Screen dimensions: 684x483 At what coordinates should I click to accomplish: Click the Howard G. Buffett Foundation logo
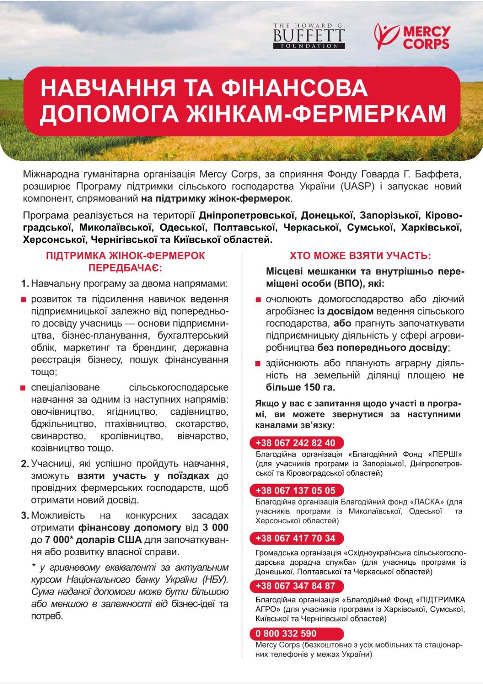click(309, 36)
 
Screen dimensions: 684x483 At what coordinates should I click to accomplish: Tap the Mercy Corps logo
click(412, 37)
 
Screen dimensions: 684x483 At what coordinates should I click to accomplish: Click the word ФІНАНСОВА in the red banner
click(294, 88)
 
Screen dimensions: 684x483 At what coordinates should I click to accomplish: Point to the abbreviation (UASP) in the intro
click(357, 186)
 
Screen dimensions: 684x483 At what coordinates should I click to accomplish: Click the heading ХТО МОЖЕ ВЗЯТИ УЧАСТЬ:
click(360, 256)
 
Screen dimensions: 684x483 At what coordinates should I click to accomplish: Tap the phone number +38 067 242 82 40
click(295, 443)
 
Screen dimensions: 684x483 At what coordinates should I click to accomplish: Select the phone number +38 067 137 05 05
click(295, 490)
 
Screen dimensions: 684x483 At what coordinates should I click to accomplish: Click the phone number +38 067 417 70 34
click(295, 538)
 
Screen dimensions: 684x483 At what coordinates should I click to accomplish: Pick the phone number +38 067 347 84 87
click(295, 586)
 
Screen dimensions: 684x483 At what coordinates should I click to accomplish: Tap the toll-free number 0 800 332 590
click(286, 634)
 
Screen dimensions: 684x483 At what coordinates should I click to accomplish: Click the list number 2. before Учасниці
click(25, 464)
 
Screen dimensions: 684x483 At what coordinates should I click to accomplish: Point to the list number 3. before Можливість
click(25, 516)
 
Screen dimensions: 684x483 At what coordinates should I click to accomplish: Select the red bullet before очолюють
click(258, 300)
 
